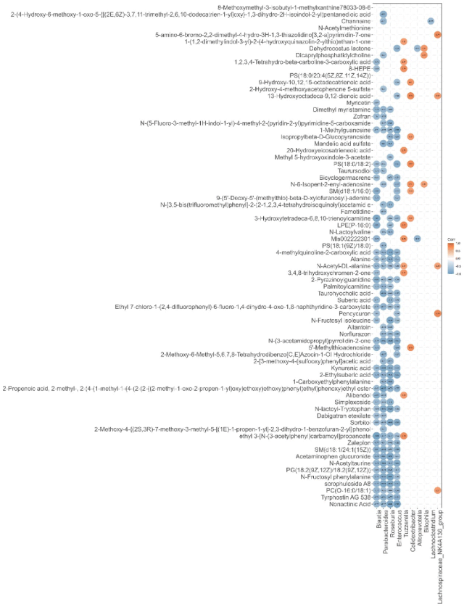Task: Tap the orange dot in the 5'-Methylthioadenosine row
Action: (x=410, y=347)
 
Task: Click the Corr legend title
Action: (x=451, y=237)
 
